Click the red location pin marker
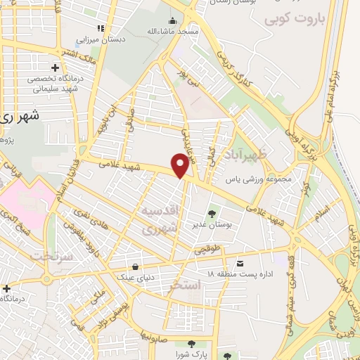point(181,165)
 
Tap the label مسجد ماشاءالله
point(199,32)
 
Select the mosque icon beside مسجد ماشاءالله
point(172,20)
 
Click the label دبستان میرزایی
point(122,39)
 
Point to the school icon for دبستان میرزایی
point(101,28)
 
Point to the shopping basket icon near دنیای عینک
point(136,266)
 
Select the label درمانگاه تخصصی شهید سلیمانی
point(56,84)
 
